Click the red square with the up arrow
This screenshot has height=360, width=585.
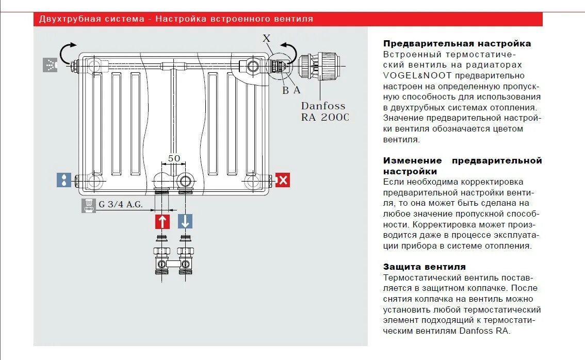coord(163,222)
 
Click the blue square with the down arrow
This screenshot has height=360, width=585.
coord(185,222)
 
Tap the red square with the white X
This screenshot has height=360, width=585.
coord(283,180)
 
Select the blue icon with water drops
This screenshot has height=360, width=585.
coord(63,180)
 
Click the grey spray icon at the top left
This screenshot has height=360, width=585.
coord(50,65)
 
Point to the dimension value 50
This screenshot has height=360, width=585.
coord(174,158)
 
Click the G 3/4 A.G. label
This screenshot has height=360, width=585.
coord(120,204)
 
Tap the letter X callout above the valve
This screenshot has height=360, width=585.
coord(266,38)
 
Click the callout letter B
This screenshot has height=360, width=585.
coord(285,90)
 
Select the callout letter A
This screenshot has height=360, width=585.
coord(296,90)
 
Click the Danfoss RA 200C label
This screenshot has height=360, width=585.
coord(324,111)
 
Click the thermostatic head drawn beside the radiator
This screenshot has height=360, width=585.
coord(320,66)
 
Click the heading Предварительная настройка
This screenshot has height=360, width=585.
coord(457,44)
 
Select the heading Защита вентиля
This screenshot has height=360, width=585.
coord(424,267)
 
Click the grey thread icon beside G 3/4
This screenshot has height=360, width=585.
coord(88,205)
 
